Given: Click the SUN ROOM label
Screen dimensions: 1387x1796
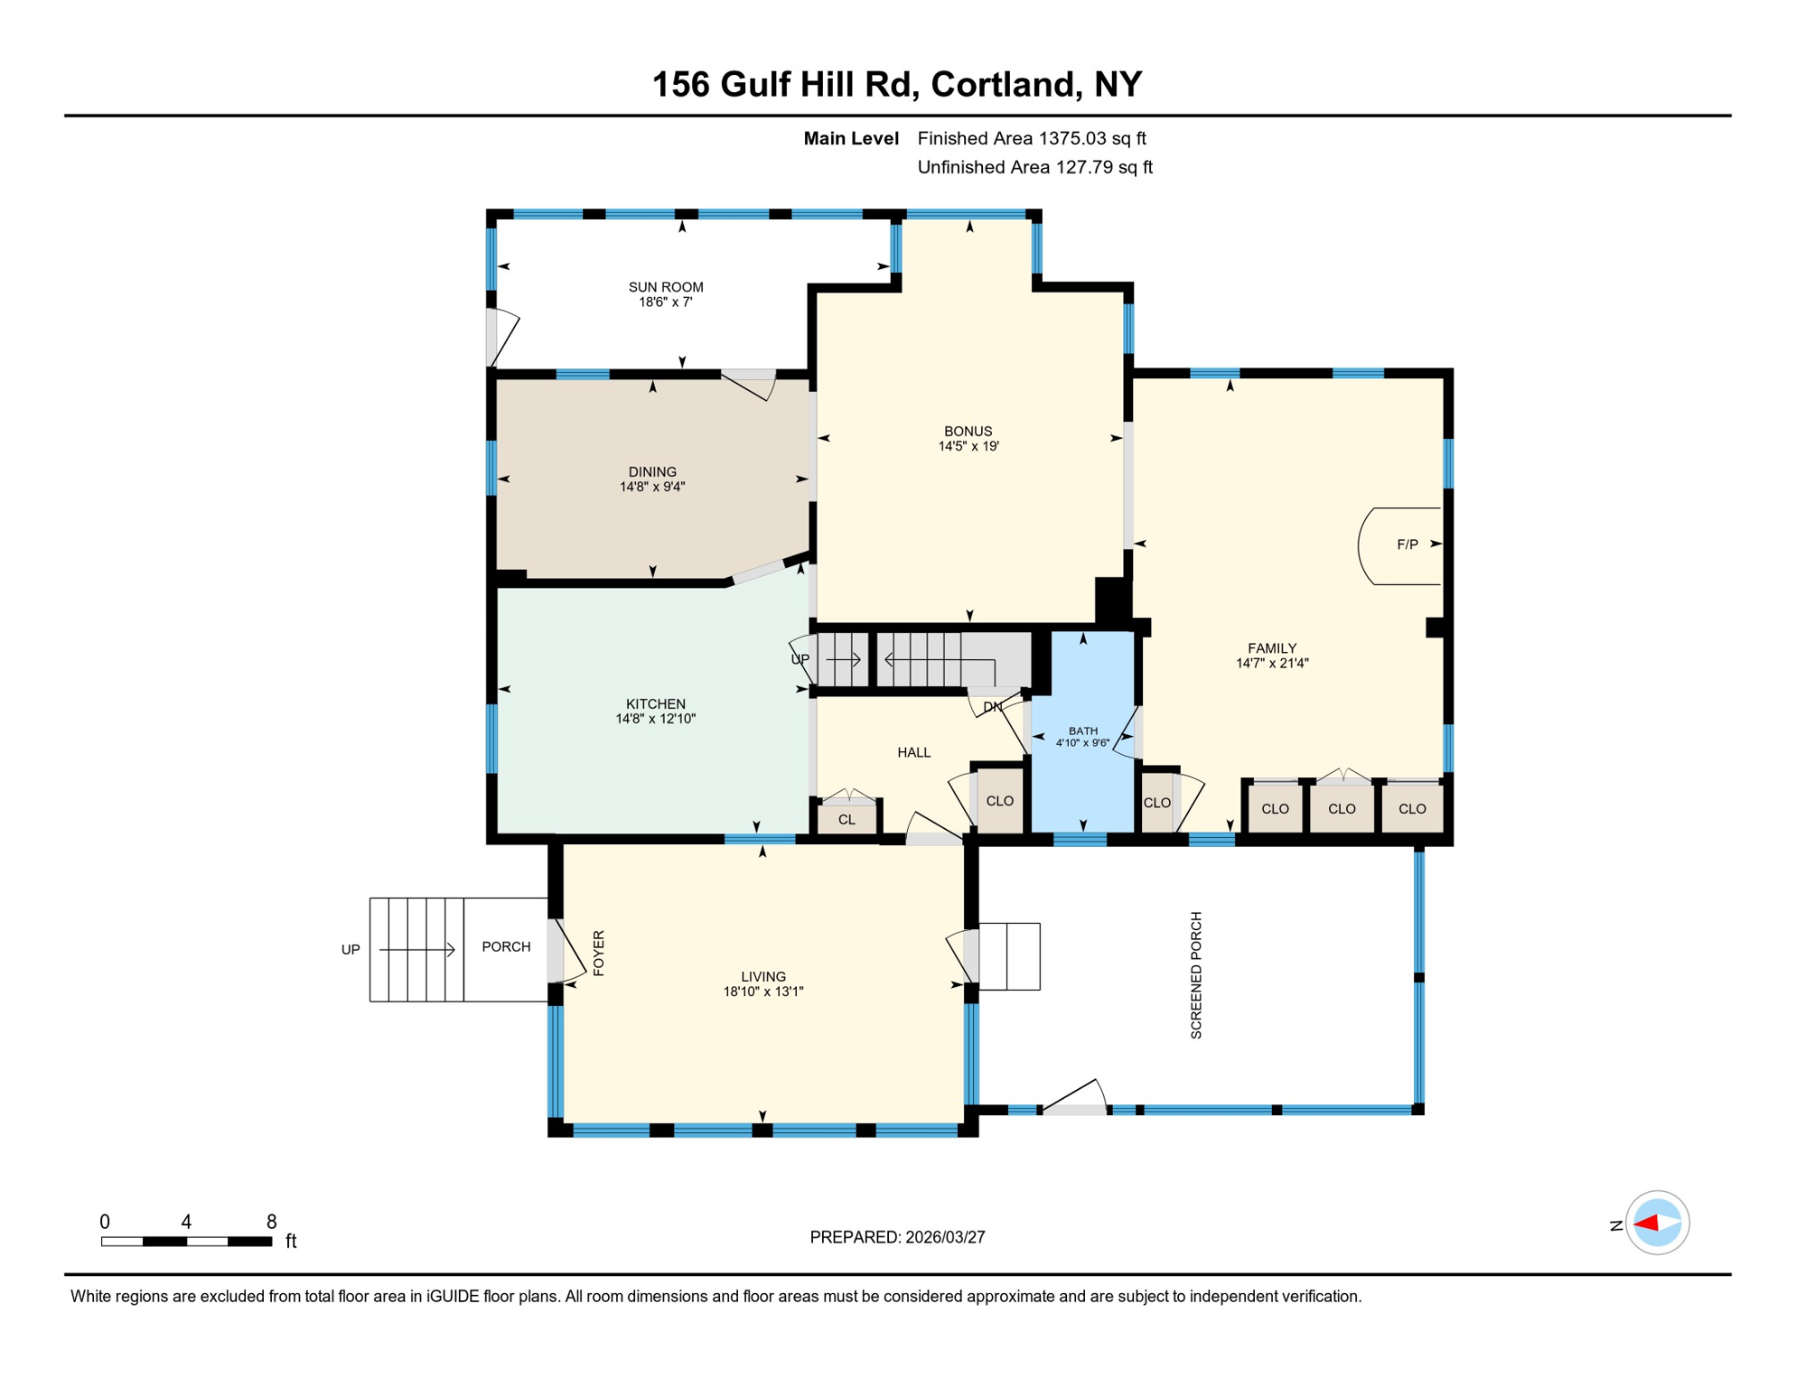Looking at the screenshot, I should (x=666, y=287).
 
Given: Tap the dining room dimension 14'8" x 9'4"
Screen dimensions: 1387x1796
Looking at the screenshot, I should (x=652, y=487).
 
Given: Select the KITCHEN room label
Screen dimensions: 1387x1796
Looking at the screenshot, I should (x=656, y=704).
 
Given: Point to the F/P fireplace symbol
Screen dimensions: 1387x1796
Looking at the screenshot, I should (x=1406, y=545).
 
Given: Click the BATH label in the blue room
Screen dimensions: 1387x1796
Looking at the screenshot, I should (x=1082, y=731).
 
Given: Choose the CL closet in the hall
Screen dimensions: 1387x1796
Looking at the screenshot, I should (x=847, y=820).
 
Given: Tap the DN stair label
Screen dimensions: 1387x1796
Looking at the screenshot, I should (x=992, y=707).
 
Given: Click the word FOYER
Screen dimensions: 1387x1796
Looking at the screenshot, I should (x=598, y=953).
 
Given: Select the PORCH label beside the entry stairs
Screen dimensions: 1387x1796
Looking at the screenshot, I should (x=506, y=946).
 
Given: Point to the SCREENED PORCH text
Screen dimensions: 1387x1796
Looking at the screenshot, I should (x=1196, y=975).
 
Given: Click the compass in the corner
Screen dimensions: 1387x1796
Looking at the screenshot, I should (x=1657, y=1224).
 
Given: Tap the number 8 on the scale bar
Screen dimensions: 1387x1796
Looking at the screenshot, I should (x=271, y=1222).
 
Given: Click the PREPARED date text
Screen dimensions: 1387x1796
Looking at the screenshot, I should (x=897, y=1237).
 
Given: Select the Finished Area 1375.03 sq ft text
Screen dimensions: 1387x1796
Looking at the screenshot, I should (x=1031, y=138).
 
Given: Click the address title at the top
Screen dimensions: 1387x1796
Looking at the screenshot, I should (x=897, y=84).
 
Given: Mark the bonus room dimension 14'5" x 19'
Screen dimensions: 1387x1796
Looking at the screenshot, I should (x=968, y=446).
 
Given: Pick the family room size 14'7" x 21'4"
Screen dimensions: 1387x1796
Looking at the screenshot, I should (x=1272, y=663).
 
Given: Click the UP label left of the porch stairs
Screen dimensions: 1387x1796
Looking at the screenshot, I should (x=351, y=950).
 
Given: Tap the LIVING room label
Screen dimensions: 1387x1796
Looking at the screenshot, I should (x=763, y=976).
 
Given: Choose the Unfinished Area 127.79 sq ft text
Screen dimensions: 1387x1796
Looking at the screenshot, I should (x=1034, y=167).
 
